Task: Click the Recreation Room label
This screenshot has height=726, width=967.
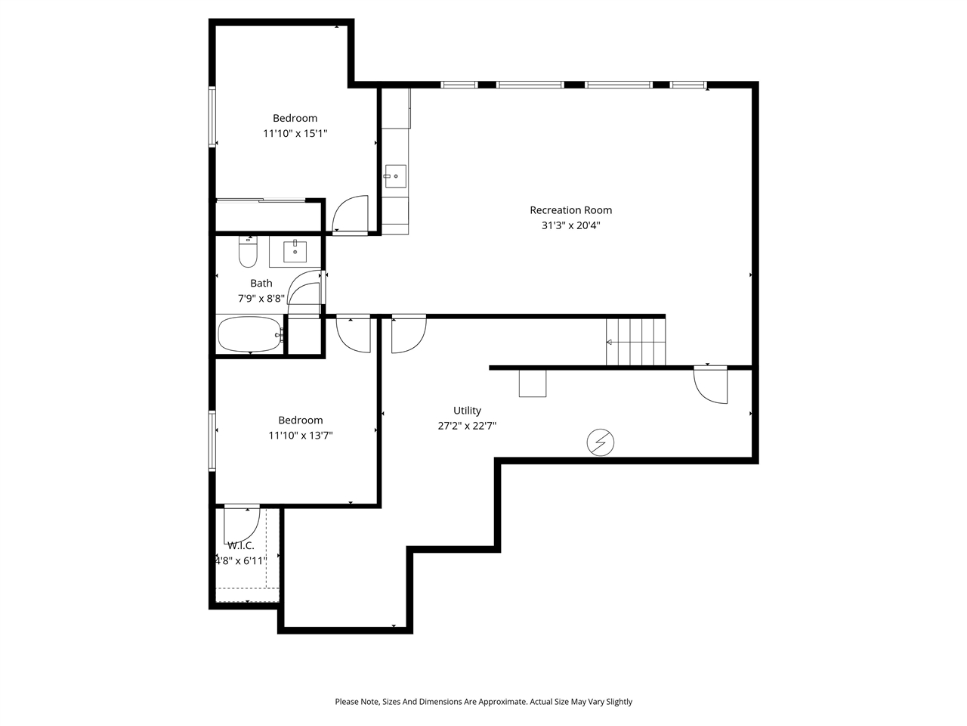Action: coord(570,210)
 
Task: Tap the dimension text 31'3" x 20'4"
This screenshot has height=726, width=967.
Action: coord(570,225)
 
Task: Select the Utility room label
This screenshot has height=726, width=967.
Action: coord(467,411)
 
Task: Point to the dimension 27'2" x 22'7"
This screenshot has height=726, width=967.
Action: coord(467,426)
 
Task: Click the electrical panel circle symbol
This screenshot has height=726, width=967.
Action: coord(601,442)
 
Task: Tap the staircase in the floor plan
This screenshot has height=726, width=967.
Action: coord(636,342)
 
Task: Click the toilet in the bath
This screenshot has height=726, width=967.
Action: coord(248,253)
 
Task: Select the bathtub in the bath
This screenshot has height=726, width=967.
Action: coord(249,334)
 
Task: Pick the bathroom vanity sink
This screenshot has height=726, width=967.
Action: coord(295,251)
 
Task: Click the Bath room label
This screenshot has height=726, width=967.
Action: coord(261,284)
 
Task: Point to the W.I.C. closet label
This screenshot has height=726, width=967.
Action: coord(240,545)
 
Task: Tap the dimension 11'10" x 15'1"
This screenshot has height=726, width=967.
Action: coord(295,133)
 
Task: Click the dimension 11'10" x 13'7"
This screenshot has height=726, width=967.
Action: coord(300,436)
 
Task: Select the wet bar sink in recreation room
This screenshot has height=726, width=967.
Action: coord(395,176)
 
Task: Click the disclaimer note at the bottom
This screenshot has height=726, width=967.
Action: coord(483,702)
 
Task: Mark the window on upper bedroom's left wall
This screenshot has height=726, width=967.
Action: coord(212,117)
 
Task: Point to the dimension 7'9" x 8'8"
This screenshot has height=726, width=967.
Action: coord(261,299)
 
